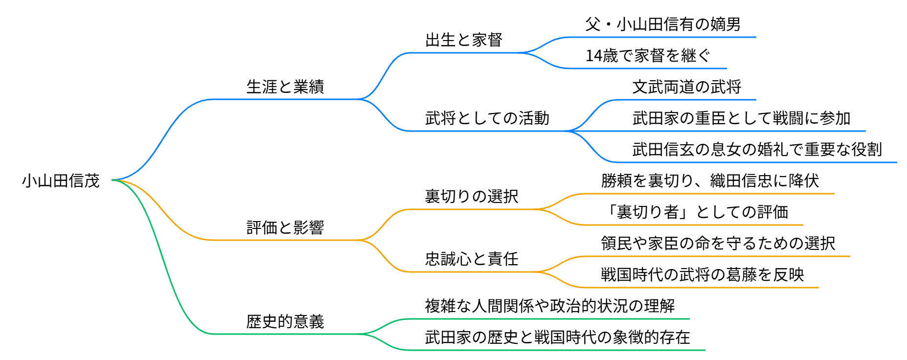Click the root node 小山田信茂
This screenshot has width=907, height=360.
tap(61, 181)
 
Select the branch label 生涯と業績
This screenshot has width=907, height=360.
tap(285, 87)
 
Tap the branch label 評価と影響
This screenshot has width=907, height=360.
tap(285, 228)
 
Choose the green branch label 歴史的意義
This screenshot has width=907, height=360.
tap(285, 322)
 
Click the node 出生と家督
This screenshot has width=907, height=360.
tap(464, 40)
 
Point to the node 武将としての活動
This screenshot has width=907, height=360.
tap(487, 118)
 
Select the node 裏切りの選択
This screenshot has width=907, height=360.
tap(472, 197)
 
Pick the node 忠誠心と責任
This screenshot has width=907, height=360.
tap(472, 259)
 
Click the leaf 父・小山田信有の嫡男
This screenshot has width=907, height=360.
tap(663, 24)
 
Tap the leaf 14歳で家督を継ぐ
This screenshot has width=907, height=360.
tap(647, 56)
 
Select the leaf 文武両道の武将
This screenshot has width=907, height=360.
tap(686, 87)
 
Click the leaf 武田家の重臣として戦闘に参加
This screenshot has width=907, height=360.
tap(741, 118)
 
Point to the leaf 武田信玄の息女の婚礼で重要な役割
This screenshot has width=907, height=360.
tap(757, 150)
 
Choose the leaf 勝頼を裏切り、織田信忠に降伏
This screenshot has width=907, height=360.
tap(710, 181)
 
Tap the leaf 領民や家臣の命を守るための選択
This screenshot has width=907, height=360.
tap(718, 244)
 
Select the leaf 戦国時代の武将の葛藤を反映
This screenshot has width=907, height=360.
tap(702, 275)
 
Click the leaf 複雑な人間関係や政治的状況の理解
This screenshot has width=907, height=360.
tap(550, 306)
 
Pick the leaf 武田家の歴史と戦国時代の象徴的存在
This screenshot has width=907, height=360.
tap(558, 337)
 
